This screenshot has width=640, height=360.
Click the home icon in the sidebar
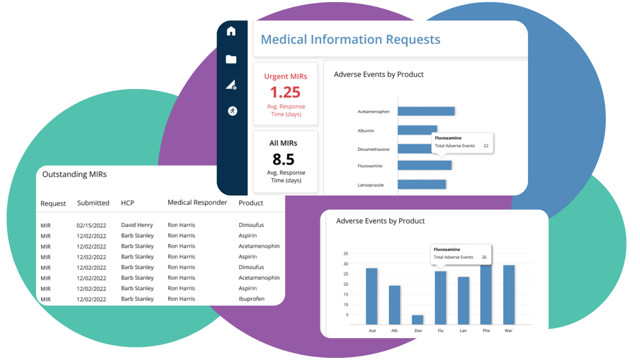231,31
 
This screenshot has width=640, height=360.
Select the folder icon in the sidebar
231,59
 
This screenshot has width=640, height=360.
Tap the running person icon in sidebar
232,111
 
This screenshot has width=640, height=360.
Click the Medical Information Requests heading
350,39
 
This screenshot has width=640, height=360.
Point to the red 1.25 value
285,92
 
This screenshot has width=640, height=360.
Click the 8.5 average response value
284,159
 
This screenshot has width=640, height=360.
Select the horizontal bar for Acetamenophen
426,111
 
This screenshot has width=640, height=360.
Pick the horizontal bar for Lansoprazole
422,185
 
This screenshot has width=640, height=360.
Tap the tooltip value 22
485,146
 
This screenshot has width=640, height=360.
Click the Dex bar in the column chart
418,319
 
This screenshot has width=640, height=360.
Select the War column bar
509,294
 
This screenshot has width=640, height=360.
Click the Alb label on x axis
395,331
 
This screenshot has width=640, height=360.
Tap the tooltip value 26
484,257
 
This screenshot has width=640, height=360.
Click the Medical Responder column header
197,203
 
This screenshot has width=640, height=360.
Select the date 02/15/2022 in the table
91,226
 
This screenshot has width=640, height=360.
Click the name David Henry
137,225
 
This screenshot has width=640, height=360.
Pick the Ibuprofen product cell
251,299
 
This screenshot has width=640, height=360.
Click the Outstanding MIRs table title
74,174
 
